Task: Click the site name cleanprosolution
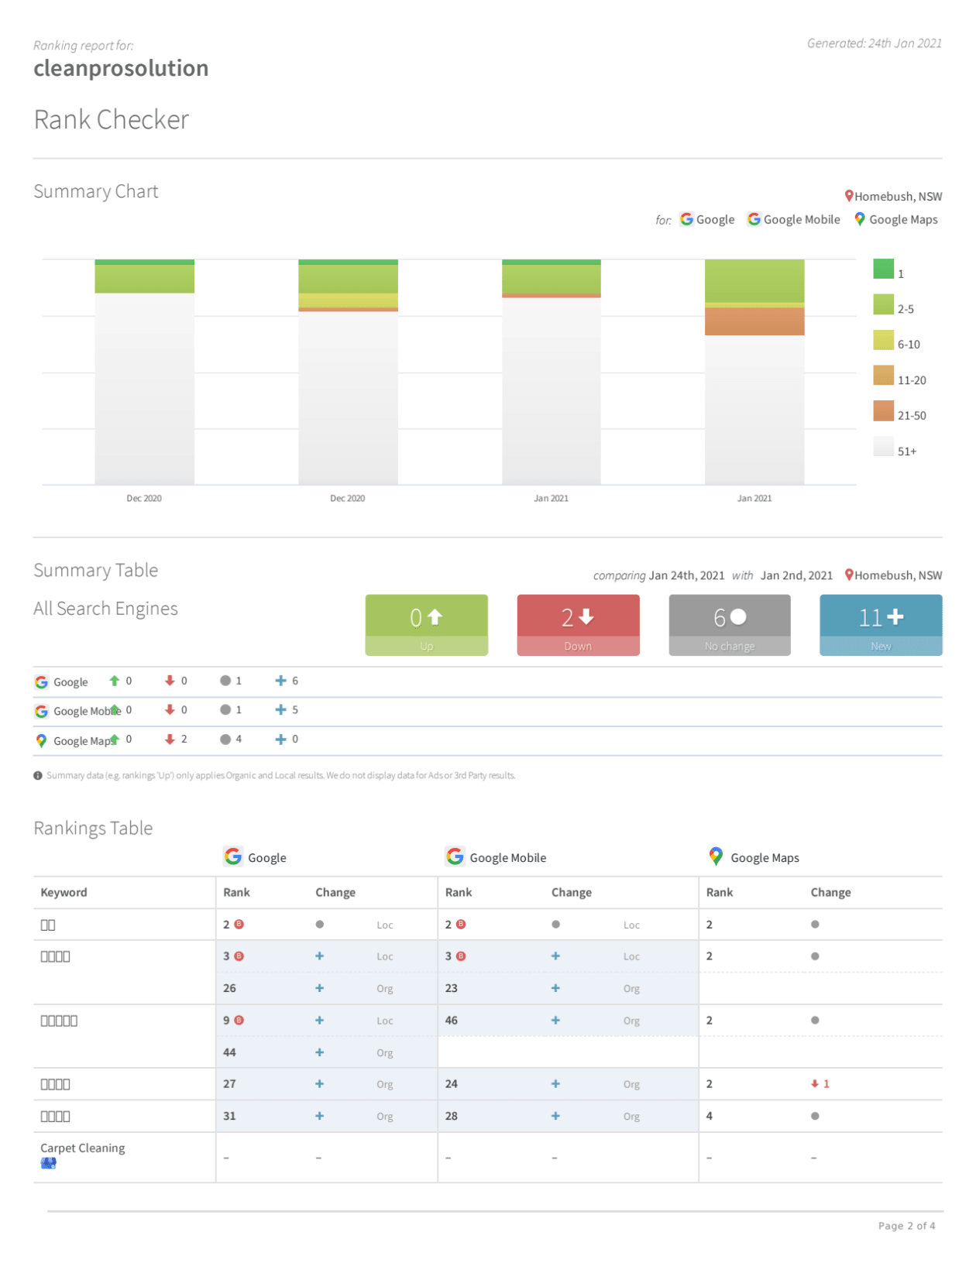click(x=121, y=68)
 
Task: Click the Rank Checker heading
click(x=112, y=120)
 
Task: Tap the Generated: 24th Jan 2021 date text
click(x=874, y=43)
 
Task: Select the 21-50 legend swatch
click(x=883, y=411)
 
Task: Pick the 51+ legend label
click(x=906, y=451)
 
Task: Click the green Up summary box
click(x=426, y=625)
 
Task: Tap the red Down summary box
click(x=578, y=625)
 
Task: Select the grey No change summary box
click(x=729, y=625)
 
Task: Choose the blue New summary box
click(x=881, y=625)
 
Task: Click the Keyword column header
click(x=64, y=893)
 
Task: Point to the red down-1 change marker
click(x=820, y=1084)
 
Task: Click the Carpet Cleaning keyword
click(x=83, y=1148)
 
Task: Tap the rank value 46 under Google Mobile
click(x=452, y=1021)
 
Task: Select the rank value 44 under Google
click(x=229, y=1052)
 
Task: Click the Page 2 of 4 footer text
click(x=906, y=1226)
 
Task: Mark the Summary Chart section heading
click(x=96, y=192)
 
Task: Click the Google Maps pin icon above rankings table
click(x=716, y=856)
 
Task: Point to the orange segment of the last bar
click(x=754, y=321)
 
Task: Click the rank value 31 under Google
click(x=229, y=1116)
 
